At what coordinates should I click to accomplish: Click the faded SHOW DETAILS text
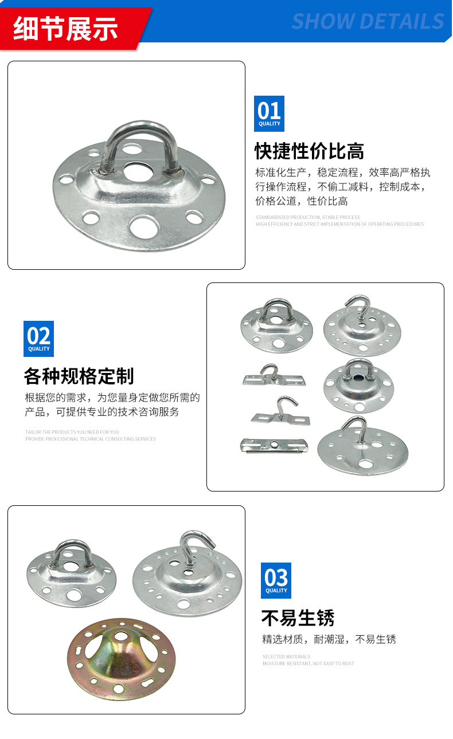tap(368, 22)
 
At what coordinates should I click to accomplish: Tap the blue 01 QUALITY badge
tap(269, 113)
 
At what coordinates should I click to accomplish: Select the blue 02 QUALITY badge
tap(38, 339)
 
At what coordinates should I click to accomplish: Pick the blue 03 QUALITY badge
tap(276, 580)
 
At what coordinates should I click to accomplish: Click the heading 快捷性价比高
tap(310, 151)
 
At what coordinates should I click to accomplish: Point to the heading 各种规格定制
tap(79, 376)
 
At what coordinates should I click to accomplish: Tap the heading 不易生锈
tap(298, 618)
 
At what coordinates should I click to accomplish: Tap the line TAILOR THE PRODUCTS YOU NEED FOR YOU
tap(72, 432)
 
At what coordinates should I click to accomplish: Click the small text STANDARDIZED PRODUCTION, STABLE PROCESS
tap(308, 217)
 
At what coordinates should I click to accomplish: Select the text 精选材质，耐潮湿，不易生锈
tap(329, 639)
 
